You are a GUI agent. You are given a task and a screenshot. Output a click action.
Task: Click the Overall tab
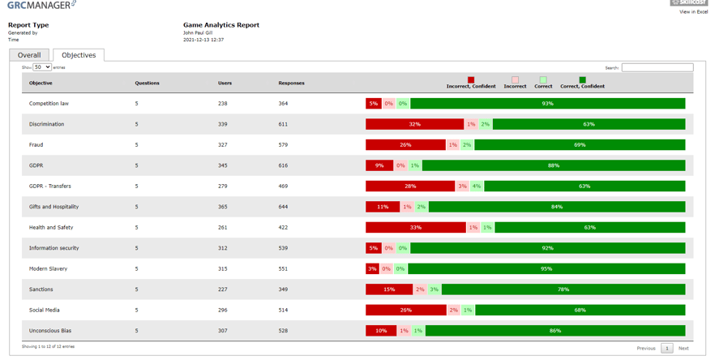click(29, 55)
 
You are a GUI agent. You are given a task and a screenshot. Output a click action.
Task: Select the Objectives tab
click(79, 55)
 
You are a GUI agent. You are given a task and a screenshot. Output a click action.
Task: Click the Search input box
click(657, 67)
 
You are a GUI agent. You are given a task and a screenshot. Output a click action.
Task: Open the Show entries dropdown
click(42, 67)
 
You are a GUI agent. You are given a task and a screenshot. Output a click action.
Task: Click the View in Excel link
click(693, 12)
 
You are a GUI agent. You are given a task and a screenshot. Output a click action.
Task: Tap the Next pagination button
click(683, 348)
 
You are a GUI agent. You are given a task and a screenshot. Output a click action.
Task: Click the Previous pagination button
click(645, 348)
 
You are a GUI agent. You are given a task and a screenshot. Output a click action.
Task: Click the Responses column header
click(291, 83)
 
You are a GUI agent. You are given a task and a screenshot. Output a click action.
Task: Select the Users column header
click(225, 83)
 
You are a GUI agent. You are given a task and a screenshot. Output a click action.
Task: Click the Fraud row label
click(36, 145)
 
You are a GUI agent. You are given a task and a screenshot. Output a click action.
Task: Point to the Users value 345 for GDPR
click(223, 165)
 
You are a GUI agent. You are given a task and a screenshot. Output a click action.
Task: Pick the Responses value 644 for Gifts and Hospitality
click(283, 207)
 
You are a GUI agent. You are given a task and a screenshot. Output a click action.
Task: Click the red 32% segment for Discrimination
click(414, 124)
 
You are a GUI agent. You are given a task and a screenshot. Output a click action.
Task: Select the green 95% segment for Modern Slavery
click(546, 268)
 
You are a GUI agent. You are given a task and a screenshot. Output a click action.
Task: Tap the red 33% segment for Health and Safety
click(415, 228)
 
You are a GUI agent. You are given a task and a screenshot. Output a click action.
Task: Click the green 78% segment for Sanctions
click(563, 289)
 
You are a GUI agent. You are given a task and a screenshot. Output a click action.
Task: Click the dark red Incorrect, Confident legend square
click(471, 79)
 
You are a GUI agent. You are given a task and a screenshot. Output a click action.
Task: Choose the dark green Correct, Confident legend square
click(582, 79)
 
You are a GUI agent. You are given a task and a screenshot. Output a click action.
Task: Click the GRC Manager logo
click(41, 6)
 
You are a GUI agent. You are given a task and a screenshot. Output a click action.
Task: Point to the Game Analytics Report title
click(221, 25)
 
